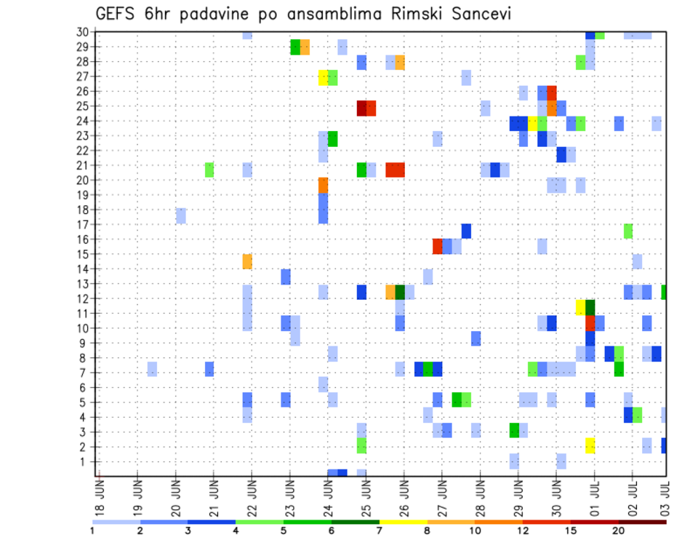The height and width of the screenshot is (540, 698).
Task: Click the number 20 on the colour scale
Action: pos(618,530)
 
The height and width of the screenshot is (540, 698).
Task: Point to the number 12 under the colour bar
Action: pos(522,530)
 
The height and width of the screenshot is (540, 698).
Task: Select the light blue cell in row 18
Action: pos(180,215)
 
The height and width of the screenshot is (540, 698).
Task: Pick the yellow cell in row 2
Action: pos(590,445)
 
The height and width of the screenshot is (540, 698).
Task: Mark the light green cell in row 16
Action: pos(627,231)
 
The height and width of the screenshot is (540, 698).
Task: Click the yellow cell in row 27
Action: pos(324,77)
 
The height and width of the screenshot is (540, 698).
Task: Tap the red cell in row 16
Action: pos(438,246)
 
